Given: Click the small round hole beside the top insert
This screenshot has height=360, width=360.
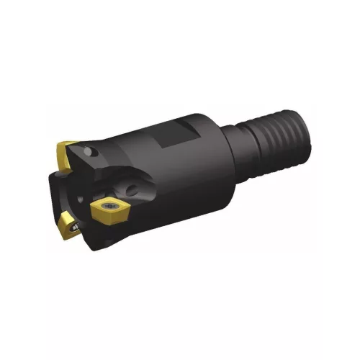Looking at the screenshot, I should tap(92, 153).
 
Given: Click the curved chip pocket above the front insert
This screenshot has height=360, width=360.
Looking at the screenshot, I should tap(115, 184).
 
